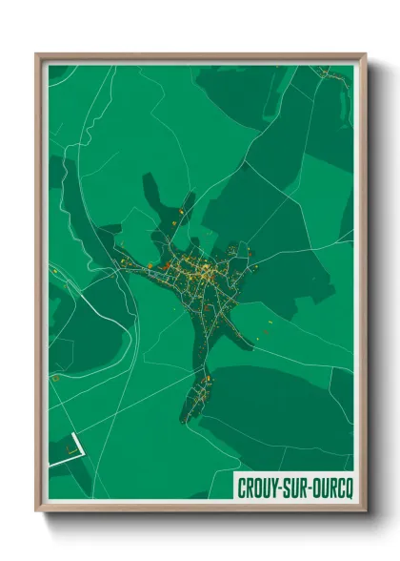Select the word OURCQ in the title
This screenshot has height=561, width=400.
pyautogui.click(x=333, y=486)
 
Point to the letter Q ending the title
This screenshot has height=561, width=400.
pyautogui.click(x=348, y=486)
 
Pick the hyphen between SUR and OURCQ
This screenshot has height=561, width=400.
pyautogui.click(x=314, y=486)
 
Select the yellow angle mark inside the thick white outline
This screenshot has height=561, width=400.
pyautogui.click(x=70, y=446)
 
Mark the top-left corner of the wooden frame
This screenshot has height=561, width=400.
pyautogui.click(x=37, y=55)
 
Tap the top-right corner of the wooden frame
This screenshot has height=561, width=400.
pyautogui.click(x=365, y=55)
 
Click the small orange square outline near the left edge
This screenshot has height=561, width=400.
pyautogui.click(x=56, y=379)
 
